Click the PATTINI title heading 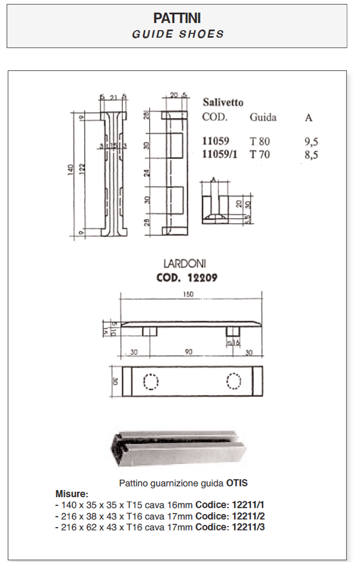[178, 19]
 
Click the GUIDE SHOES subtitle [178, 34]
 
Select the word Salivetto [222, 102]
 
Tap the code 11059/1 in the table [219, 155]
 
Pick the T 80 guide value [260, 142]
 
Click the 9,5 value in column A [310, 142]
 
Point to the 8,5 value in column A [310, 155]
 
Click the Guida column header [263, 117]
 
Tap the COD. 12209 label [188, 277]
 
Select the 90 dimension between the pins [188, 352]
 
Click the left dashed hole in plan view [150, 383]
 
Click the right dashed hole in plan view [234, 383]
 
